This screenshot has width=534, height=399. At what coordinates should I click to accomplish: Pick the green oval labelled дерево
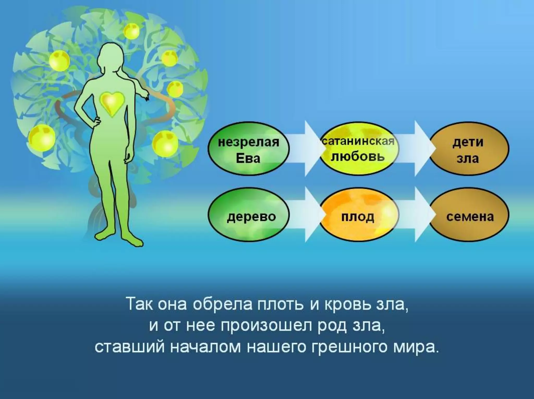[248, 216]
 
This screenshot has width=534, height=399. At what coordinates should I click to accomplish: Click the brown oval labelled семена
[469, 216]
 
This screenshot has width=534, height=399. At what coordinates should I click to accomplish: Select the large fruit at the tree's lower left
[42, 137]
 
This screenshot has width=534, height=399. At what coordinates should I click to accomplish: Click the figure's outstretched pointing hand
[146, 96]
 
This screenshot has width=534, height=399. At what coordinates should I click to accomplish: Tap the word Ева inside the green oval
[248, 158]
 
